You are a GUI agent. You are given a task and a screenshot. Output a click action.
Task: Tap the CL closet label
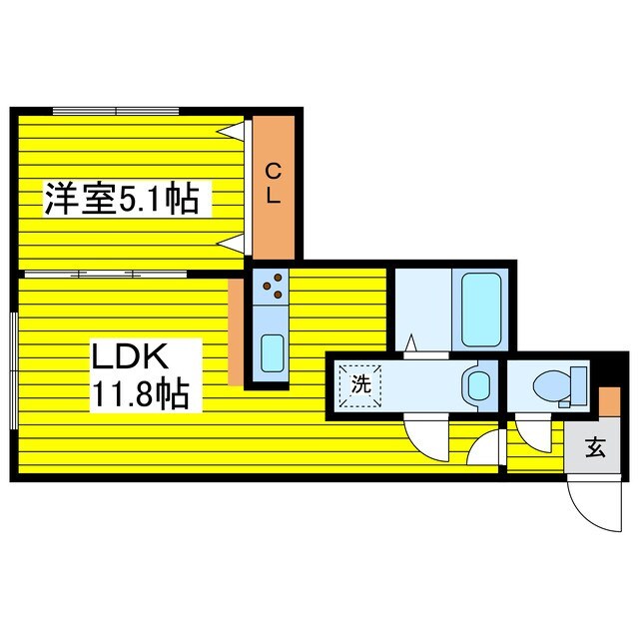coord(272,184)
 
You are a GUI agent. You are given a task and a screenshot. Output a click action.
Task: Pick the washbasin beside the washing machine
coord(477,382)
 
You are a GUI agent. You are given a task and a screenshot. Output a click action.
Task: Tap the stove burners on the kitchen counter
coord(271,289)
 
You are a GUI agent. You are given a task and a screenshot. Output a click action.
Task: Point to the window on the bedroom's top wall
coord(116,109)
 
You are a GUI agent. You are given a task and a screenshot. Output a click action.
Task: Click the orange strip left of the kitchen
coord(236,331)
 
